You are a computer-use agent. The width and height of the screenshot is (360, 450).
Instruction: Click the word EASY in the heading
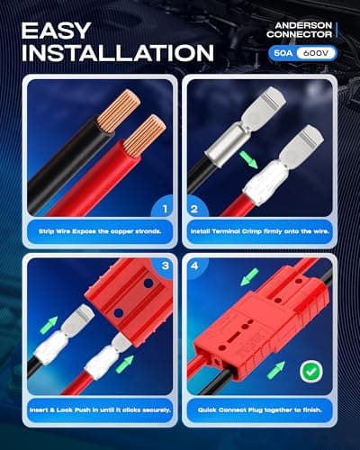coord(56,31)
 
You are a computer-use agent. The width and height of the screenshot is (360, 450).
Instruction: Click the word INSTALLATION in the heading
coord(118,53)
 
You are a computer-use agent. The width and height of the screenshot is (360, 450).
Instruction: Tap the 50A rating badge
coord(283,53)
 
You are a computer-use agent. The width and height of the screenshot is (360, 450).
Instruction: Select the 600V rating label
coord(316,53)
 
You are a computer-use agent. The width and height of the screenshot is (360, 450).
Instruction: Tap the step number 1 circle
coord(165,209)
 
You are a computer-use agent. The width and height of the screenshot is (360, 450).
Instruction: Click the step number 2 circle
coord(194,209)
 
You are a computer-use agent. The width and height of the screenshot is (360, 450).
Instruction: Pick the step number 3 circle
coord(165,265)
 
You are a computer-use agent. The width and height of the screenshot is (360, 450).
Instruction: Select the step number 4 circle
coord(194,265)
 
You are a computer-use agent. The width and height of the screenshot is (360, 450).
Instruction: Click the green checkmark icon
coord(311,371)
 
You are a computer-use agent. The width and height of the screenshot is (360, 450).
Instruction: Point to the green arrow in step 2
coord(248,160)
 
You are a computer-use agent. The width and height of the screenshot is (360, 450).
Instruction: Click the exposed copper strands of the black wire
coord(119,111)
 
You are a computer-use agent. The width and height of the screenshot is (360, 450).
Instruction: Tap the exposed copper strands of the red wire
coord(145,136)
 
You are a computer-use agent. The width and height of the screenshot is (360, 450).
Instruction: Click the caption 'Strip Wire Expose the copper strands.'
coord(100,231)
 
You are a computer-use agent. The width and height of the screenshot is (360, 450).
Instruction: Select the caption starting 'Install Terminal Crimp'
coord(260,231)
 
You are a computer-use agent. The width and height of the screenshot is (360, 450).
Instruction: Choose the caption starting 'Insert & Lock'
coord(100,410)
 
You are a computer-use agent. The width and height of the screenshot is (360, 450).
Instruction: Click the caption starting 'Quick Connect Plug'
coord(260,410)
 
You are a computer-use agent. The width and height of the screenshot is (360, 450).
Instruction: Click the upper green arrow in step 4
coord(249,277)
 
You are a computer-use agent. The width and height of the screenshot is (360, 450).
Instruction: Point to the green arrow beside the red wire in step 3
coord(125,364)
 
